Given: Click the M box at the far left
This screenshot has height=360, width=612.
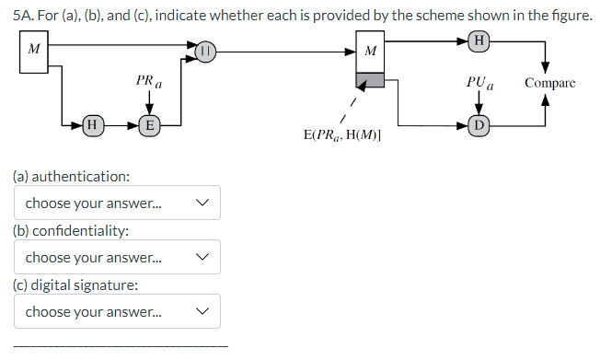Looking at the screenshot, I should [x=34, y=49].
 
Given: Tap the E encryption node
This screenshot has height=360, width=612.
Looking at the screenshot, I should [x=148, y=123].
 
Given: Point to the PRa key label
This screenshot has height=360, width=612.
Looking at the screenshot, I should [x=148, y=82].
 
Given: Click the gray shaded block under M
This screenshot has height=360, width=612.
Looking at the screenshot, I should [x=370, y=82].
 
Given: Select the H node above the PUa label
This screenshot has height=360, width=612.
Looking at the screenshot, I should [x=479, y=40].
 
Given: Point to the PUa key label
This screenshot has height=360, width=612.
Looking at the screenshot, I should [x=480, y=83].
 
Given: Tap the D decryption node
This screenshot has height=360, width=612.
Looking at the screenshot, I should [x=479, y=124].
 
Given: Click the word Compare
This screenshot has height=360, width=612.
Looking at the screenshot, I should [x=549, y=83].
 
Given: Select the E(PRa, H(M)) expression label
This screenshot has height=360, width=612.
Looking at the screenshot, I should [x=342, y=135].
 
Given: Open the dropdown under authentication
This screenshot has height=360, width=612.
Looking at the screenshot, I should [x=117, y=203].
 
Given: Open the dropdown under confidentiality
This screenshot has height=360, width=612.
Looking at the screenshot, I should [x=117, y=258].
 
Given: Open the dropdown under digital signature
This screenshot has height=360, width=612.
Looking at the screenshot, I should [x=117, y=311].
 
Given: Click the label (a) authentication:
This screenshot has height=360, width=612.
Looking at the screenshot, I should [x=71, y=176].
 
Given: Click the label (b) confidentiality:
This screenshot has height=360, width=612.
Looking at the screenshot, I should [x=71, y=230].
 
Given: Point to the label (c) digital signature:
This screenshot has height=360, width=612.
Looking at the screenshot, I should [x=75, y=285].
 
